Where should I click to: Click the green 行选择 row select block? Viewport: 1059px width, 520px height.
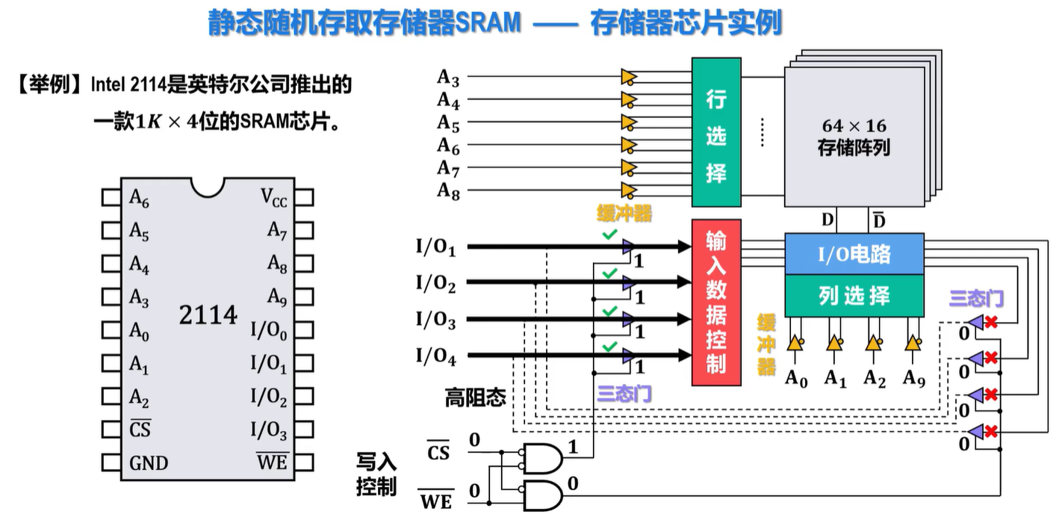(715, 132)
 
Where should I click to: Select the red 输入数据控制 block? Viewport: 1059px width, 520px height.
(715, 302)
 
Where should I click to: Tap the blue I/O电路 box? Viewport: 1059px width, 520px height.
(854, 255)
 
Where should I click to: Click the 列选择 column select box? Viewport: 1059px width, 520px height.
(854, 296)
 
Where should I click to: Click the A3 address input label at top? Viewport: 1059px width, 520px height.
(448, 77)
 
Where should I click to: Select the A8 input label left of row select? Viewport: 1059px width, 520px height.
(448, 191)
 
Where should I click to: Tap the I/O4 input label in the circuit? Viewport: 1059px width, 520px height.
(435, 357)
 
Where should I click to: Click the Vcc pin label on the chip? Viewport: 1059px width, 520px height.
(273, 197)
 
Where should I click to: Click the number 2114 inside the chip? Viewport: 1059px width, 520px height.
(208, 315)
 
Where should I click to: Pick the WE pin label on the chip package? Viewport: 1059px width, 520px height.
(272, 462)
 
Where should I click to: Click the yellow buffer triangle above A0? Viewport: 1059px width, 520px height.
(795, 344)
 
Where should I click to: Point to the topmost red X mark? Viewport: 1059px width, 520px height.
(992, 322)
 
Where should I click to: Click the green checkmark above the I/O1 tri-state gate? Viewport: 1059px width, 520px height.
(610, 235)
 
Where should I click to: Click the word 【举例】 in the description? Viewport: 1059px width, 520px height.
(50, 84)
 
